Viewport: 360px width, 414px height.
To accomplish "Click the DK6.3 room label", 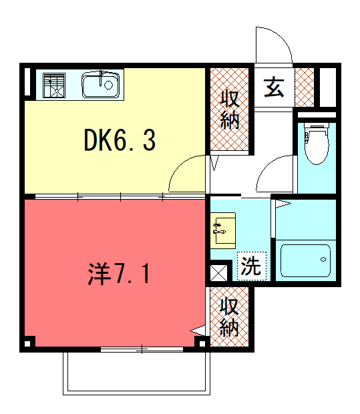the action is tap(120, 140).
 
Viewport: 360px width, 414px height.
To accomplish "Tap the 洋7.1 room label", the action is tap(119, 274).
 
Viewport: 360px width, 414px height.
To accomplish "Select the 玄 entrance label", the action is tap(274, 87).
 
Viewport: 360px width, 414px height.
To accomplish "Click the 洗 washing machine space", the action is tap(252, 266).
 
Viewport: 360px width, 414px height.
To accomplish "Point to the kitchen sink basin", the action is tap(100, 85).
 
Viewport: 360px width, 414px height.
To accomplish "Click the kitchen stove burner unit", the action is tap(54, 85).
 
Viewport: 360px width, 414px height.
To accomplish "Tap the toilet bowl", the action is tap(317, 144).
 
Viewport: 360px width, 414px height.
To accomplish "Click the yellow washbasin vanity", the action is tap(222, 230).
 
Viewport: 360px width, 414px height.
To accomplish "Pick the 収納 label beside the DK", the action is tap(230, 110).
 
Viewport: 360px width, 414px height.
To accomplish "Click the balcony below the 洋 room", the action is tap(136, 373).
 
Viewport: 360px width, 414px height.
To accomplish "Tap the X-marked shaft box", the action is tap(218, 272).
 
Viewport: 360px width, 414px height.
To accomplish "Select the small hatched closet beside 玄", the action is tap(305, 87).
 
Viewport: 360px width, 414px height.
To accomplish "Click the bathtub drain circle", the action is tap(323, 260).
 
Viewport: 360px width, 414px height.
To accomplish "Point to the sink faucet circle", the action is tap(109, 85).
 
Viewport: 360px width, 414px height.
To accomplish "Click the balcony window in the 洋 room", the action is tap(142, 350).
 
